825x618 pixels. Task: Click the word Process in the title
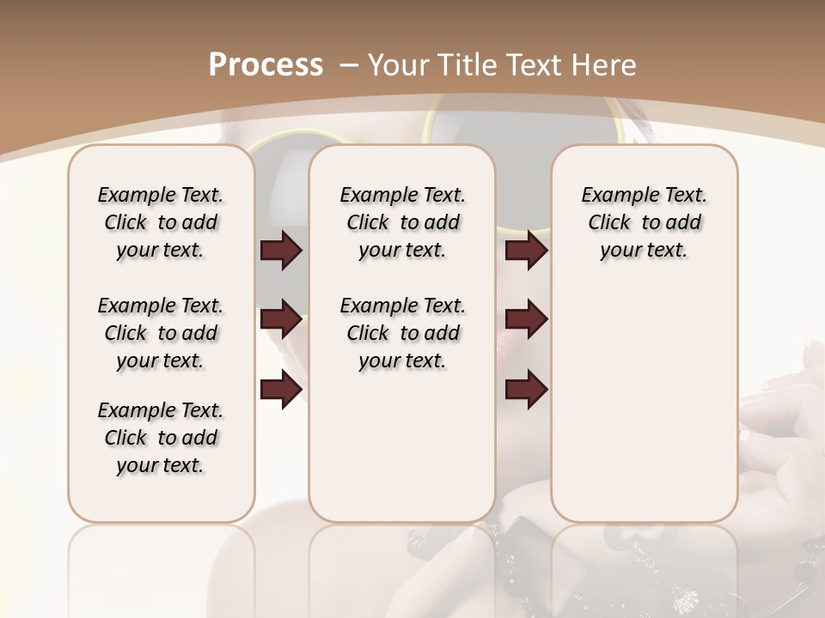click(266, 64)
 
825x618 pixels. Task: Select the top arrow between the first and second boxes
click(281, 251)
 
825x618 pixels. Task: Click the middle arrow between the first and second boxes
click(281, 320)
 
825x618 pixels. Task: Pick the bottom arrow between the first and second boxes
click(281, 390)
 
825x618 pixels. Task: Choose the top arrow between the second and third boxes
click(526, 251)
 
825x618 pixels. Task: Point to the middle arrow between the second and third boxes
click(526, 320)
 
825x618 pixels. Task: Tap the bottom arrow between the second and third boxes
click(526, 390)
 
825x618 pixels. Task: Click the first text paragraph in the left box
click(161, 222)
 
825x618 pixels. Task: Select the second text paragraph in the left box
click(161, 333)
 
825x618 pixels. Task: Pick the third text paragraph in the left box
click(161, 438)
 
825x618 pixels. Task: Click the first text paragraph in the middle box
click(402, 222)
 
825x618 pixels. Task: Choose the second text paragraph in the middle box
click(402, 333)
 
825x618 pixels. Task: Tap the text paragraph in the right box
click(644, 222)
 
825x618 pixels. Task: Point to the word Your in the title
click(399, 64)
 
